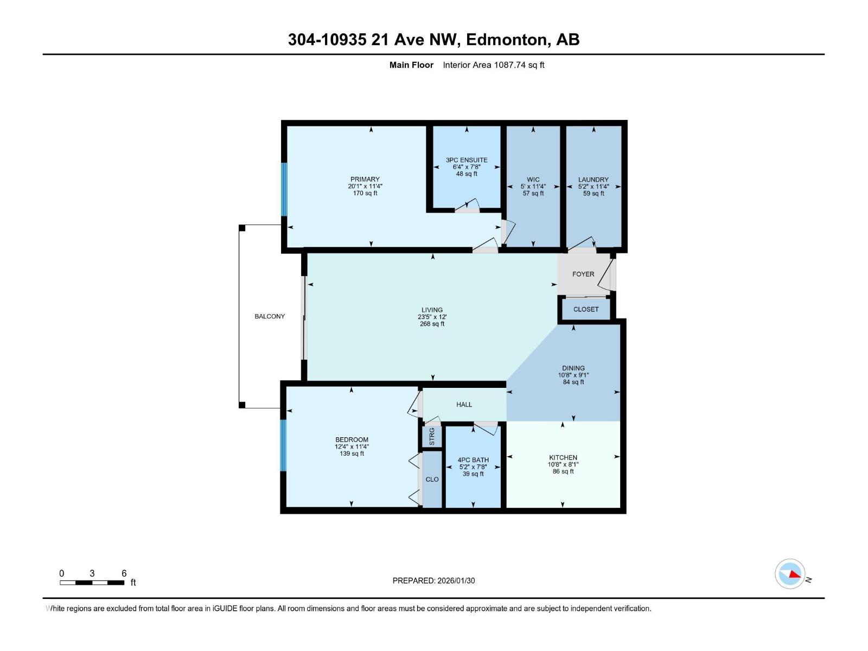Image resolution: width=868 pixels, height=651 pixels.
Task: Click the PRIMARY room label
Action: (365, 179)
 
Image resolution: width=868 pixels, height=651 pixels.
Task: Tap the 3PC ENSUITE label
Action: (466, 160)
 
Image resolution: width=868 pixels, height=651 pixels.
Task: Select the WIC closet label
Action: (533, 180)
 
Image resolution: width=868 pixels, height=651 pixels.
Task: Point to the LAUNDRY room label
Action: (593, 180)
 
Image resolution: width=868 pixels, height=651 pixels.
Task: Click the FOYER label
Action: (583, 274)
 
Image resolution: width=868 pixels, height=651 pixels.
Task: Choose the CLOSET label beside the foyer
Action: (586, 309)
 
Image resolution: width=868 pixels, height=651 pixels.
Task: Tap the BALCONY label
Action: (269, 316)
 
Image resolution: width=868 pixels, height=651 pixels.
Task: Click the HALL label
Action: (464, 404)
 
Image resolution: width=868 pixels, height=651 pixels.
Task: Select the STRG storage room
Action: (432, 436)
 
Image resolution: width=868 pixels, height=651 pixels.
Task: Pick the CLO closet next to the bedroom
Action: (432, 479)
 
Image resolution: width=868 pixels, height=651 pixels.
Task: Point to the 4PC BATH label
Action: (473, 459)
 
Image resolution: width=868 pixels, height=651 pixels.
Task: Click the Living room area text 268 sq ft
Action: (432, 324)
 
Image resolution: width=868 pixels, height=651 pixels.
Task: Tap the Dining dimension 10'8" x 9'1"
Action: (573, 375)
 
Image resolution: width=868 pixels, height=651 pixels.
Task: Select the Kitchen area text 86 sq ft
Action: (563, 471)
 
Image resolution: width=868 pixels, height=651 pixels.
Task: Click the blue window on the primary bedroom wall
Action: (284, 189)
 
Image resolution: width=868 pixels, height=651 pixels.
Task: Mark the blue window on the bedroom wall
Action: (283, 445)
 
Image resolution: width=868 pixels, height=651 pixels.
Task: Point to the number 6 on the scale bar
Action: (124, 573)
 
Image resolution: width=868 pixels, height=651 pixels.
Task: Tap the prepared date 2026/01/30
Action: (456, 580)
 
